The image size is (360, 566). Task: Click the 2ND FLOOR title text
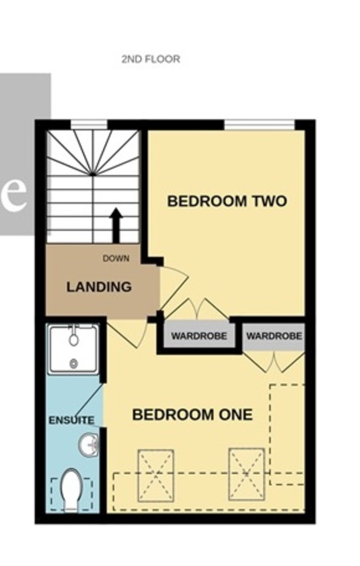(x=151, y=59)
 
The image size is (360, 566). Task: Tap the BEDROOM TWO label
(x=227, y=201)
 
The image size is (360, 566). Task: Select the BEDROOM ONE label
(x=192, y=415)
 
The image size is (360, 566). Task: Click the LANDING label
(x=99, y=287)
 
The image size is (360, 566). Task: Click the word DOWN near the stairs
(x=116, y=258)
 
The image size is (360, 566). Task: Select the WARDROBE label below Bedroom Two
(x=199, y=336)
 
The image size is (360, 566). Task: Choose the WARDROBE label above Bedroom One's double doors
(x=274, y=336)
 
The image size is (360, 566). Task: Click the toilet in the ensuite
(x=72, y=490)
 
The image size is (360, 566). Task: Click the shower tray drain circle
(x=74, y=363)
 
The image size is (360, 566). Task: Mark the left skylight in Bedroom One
(x=156, y=475)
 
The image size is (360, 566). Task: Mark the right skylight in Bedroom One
(x=246, y=474)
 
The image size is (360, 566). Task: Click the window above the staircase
(x=89, y=125)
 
